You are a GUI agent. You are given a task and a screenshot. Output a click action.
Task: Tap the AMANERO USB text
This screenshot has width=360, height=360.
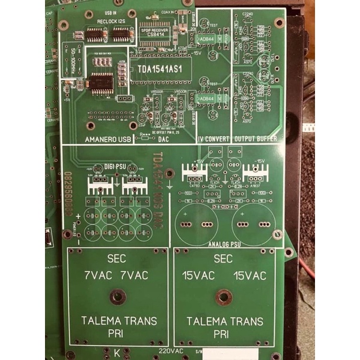tap(108, 139)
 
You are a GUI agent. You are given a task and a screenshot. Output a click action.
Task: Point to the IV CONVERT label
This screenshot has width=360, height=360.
tap(213, 139)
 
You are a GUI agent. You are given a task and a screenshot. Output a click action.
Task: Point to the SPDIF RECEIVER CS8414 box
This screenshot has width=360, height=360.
tap(155, 32)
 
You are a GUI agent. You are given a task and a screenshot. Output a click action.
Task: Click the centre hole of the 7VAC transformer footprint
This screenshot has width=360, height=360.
tap(118, 296)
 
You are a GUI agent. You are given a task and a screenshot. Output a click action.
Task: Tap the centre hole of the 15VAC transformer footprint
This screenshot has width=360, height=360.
tap(224, 296)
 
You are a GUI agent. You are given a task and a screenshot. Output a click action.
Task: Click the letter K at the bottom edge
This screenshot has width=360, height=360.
tap(116, 351)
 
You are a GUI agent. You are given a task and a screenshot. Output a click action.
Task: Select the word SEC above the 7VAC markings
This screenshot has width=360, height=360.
tap(117, 259)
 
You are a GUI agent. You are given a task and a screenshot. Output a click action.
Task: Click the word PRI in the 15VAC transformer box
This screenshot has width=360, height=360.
tap(224, 332)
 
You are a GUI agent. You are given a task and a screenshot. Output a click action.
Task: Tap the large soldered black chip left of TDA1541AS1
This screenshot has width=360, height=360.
tap(101, 84)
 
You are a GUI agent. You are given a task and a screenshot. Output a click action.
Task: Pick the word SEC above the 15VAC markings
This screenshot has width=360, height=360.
tap(223, 259)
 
